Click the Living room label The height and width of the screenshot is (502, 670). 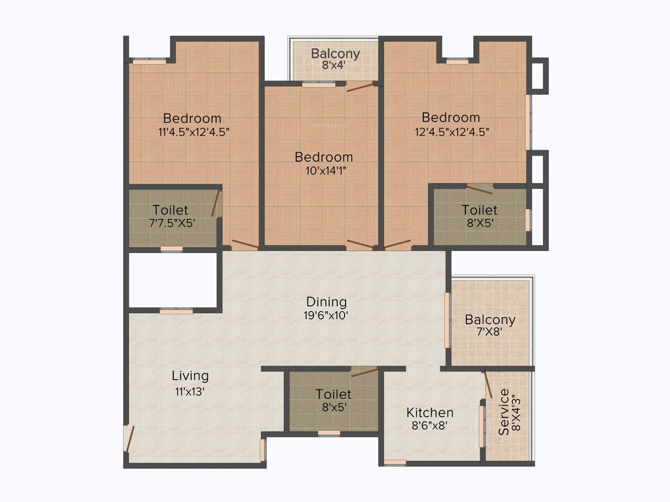[190, 376]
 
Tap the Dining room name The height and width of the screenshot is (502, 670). [326, 302]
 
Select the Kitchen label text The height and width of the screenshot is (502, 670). [430, 412]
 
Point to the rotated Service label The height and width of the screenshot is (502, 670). [504, 412]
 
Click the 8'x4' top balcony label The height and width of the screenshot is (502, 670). [335, 65]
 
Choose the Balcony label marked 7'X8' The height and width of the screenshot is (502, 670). [490, 320]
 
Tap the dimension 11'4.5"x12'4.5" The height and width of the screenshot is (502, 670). [193, 131]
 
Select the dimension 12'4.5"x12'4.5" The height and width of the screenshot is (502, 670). [451, 131]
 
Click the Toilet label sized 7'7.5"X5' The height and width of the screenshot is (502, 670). [170, 210]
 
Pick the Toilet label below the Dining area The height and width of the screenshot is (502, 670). [333, 394]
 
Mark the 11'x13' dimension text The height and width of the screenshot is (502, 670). [190, 392]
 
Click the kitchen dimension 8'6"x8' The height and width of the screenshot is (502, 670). [430, 425]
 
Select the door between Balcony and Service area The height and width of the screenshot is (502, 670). [487, 384]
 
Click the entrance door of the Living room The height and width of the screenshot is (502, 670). [130, 439]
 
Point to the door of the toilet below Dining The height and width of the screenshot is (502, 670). [364, 373]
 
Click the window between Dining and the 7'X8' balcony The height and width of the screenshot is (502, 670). [448, 320]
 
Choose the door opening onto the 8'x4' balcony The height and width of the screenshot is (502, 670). [360, 87]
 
